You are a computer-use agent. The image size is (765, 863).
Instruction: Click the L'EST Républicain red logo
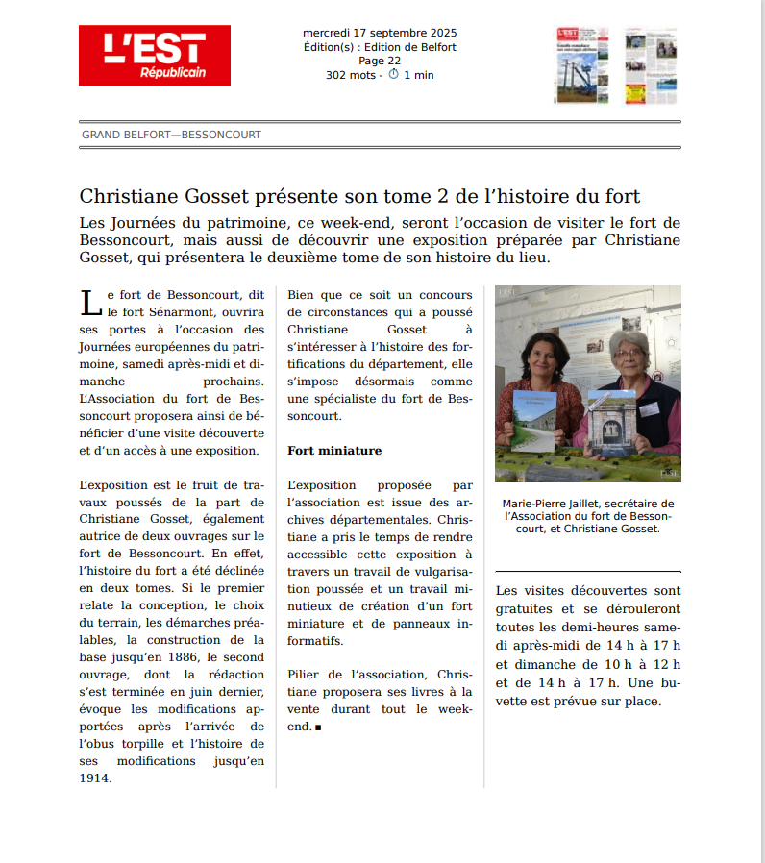[x=155, y=56]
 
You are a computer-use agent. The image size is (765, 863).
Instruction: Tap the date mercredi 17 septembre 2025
[x=380, y=33]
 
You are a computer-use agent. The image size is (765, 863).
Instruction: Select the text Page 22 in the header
[x=380, y=61]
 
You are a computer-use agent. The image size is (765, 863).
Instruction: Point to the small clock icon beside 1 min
[x=393, y=74]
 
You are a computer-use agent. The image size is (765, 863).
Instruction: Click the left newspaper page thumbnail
[x=581, y=65]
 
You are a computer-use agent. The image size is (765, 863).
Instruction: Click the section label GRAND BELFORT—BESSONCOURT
[x=171, y=135]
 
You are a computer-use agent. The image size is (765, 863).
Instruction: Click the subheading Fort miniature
[x=334, y=450]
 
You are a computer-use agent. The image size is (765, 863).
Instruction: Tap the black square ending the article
[x=318, y=727]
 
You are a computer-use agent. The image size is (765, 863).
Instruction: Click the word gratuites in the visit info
[x=525, y=608]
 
